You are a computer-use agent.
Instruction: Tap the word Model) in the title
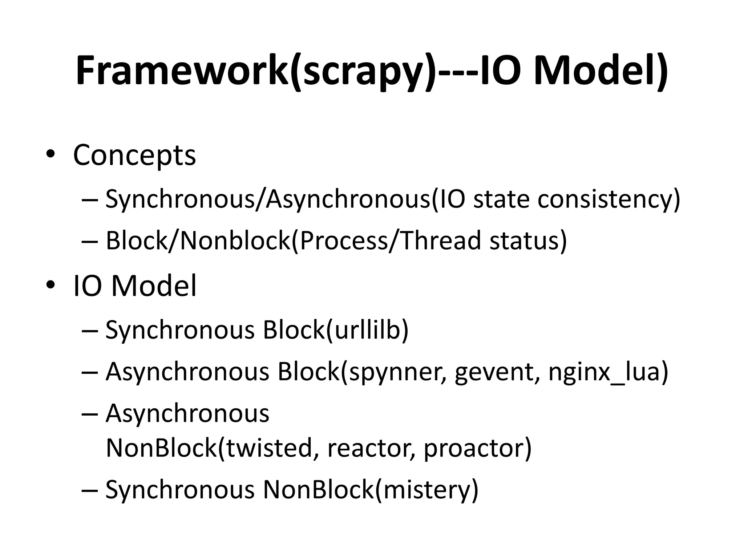601,71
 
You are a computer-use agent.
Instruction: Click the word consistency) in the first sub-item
608,200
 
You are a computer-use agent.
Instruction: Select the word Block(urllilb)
336,330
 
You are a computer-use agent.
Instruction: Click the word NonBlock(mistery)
371,490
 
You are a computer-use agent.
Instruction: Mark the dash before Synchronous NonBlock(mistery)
89,490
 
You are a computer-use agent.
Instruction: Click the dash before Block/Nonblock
89,241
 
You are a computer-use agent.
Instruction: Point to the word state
501,200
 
